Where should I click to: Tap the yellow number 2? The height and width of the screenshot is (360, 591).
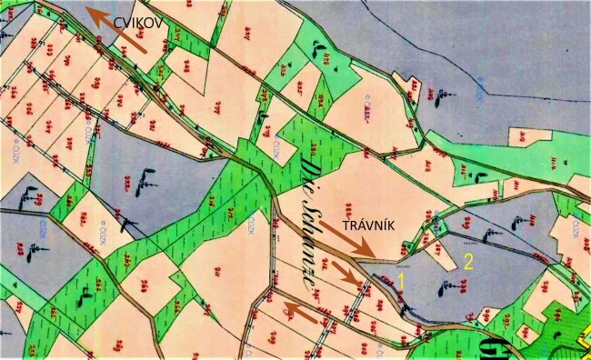(469, 263)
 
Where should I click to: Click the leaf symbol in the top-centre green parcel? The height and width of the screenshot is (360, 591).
(319, 45)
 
